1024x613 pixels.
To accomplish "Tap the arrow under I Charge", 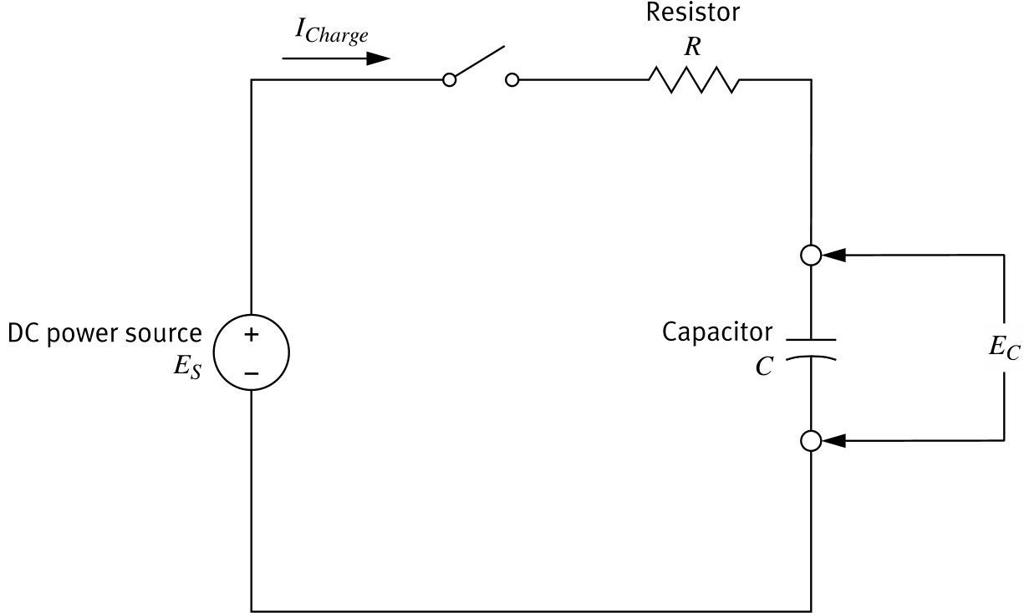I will point(336,59).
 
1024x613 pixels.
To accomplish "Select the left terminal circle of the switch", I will point(450,80).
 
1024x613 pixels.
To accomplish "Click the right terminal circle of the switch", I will point(512,80).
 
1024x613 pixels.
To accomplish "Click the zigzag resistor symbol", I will point(694,80).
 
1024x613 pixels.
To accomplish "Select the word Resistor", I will point(692,13).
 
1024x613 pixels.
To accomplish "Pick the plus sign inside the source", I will point(252,335).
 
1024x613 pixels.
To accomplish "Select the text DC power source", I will point(104,333).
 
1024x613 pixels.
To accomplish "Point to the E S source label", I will point(187,367).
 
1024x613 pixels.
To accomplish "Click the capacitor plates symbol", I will point(810,349).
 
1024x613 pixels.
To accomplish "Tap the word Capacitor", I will point(717,332).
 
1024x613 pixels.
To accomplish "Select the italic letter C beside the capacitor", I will point(763,367).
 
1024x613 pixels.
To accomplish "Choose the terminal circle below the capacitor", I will point(810,440).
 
